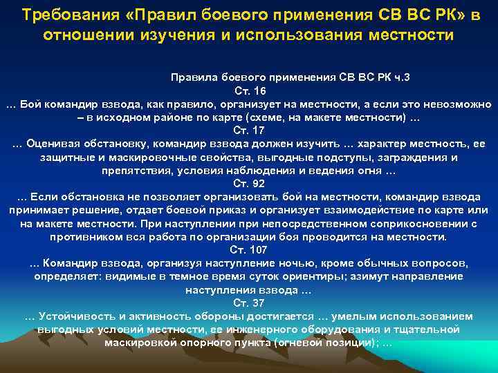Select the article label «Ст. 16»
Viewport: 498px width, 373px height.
point(248,90)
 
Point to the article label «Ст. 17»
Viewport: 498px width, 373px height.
point(248,130)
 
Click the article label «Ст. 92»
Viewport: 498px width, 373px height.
point(248,183)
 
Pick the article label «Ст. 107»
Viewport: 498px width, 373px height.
point(248,249)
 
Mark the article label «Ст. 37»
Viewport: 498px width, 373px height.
point(248,303)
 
